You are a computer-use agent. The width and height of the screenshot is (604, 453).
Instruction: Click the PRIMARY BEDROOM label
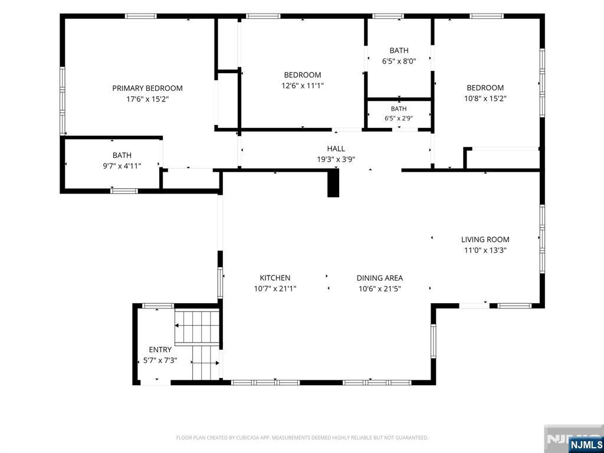[x=147, y=88]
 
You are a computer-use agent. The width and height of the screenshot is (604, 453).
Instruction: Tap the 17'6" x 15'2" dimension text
[x=147, y=99]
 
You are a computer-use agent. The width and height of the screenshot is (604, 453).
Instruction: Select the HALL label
[x=336, y=149]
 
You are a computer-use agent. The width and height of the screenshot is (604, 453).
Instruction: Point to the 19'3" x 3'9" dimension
[x=336, y=159]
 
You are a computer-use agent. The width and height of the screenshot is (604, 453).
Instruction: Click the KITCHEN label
[x=275, y=278]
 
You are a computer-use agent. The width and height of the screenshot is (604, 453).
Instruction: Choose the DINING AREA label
[x=380, y=278]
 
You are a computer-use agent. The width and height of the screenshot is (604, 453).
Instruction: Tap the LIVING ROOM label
[x=485, y=239]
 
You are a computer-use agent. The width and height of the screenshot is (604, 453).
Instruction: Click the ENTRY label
[x=160, y=350]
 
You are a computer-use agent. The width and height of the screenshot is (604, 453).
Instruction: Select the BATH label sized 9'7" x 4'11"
[x=122, y=155]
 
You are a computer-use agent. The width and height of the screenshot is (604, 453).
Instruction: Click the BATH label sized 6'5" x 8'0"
[x=399, y=51]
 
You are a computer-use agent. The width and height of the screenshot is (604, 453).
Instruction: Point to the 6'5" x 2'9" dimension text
[x=399, y=119]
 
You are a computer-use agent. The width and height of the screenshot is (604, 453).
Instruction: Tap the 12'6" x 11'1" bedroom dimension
[x=303, y=86]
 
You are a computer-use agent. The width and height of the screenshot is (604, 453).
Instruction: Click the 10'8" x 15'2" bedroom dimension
[x=485, y=99]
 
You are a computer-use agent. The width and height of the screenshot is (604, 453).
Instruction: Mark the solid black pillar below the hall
[x=333, y=183]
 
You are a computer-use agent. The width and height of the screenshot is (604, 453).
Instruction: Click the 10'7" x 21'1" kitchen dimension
[x=275, y=288]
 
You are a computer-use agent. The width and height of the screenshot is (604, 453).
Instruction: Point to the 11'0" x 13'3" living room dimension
[x=485, y=250]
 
